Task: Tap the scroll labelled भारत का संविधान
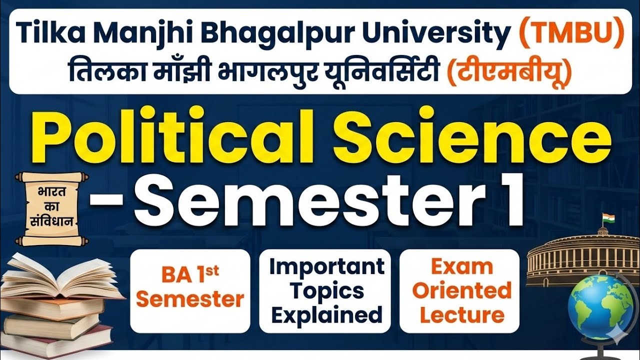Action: point(52,208)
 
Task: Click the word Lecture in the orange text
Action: point(461,315)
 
